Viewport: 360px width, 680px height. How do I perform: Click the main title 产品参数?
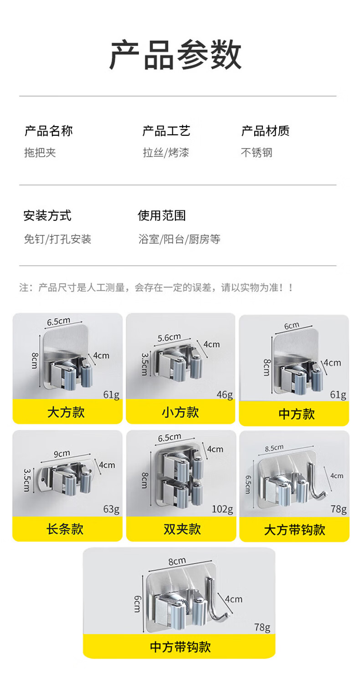point(175,55)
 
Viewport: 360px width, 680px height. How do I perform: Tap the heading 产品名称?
point(49,131)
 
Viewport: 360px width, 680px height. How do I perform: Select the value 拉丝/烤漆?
point(166,153)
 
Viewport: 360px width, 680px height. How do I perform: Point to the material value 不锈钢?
point(257,153)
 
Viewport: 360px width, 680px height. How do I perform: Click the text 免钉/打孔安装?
point(57,239)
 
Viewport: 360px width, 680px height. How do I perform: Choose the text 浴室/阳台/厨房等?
point(179,239)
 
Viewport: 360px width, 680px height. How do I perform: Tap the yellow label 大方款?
point(66,412)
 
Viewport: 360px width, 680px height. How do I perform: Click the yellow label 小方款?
point(180,412)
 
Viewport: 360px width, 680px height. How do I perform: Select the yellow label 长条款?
point(65,529)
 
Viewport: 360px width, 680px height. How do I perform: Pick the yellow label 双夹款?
point(182,529)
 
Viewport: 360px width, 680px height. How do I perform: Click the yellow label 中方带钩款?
point(180,647)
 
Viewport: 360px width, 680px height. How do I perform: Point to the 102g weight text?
point(222,509)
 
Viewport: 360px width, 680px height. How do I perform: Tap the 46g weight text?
point(225,394)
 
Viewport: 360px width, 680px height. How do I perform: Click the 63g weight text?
point(111,509)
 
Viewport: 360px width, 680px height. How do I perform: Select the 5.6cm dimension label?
point(169,337)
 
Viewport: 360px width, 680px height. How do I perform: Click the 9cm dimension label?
point(62,454)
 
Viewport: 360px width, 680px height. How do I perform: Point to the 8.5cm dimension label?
point(274,448)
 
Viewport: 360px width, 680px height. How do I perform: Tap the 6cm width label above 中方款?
point(292,326)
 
